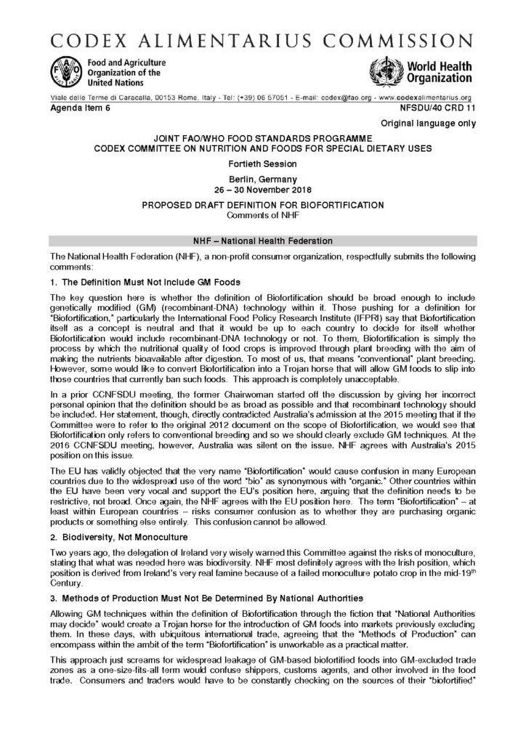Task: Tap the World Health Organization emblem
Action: pyautogui.click(x=385, y=71)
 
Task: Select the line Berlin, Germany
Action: pyautogui.click(x=262, y=177)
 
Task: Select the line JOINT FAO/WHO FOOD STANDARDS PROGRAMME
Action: pyautogui.click(x=262, y=137)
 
